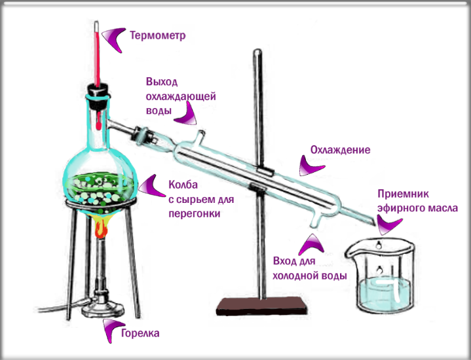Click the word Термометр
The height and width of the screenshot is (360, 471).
pos(158,35)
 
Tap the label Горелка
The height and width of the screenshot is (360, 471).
pos(140,333)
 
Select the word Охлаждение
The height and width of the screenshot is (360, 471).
pos(341,150)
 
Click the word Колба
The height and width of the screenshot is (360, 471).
pos(183,185)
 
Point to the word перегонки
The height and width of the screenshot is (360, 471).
pos(195,214)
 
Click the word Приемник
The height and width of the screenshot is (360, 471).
pos(403,194)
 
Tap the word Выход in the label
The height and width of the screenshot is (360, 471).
pos(162,82)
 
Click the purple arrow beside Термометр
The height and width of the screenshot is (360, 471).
pos(114,39)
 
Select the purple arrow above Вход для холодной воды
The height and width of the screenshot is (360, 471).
pos(311,245)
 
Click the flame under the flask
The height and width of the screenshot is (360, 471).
pos(102,228)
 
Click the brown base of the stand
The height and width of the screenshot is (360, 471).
pos(261,306)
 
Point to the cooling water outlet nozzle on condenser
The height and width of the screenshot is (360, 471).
pos(200,135)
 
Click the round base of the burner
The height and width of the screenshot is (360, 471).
pos(103,309)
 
